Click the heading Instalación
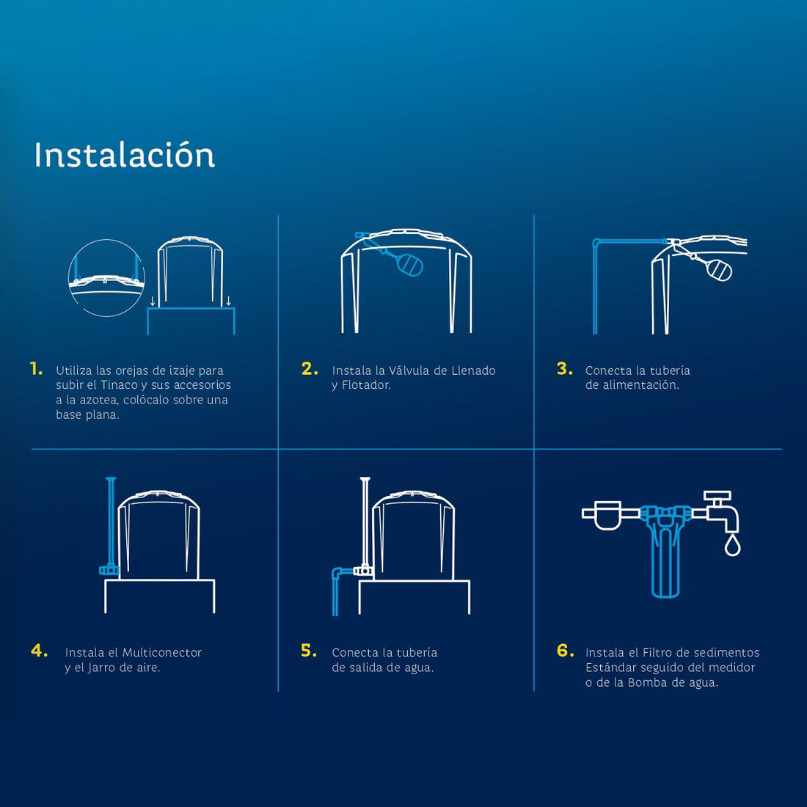click(124, 156)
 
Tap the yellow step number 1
click(36, 369)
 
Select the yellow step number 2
click(310, 369)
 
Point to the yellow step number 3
click(564, 369)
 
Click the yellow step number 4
click(40, 651)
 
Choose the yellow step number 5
click(309, 651)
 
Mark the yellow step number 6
click(565, 651)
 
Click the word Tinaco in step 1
click(119, 385)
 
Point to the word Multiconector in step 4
click(161, 653)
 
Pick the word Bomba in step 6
click(647, 682)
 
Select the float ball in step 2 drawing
click(409, 264)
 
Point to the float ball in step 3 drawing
click(718, 270)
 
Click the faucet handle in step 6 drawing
click(717, 497)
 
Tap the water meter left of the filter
click(608, 515)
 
